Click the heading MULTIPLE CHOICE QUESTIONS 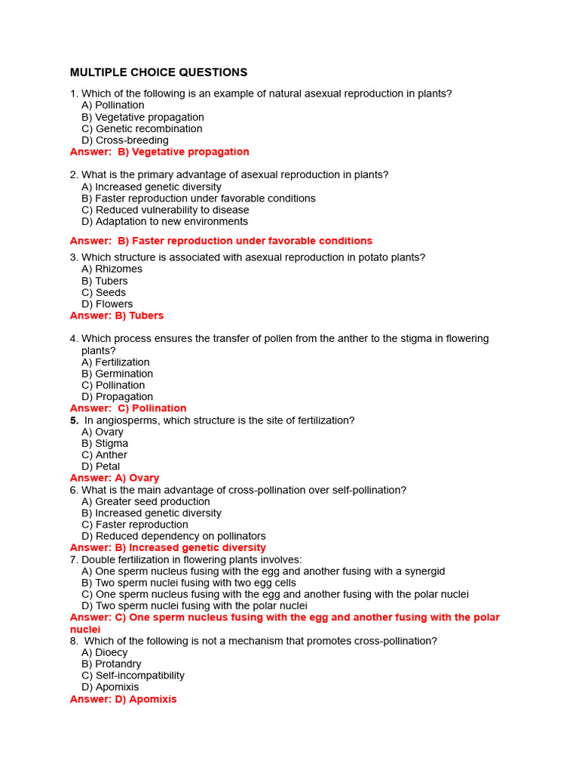158,72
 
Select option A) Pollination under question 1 112,105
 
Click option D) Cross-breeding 124,140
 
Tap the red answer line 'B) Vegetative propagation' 159,152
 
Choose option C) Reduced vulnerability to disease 165,210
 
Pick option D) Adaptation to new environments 164,221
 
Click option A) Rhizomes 112,269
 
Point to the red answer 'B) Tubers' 117,316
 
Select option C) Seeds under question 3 103,292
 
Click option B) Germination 117,374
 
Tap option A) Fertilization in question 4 115,362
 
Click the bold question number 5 74,420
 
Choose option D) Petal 100,467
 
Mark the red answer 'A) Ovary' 115,478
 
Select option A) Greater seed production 146,501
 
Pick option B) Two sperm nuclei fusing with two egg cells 188,583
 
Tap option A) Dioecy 104,652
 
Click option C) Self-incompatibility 133,676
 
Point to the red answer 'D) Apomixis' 123,699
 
